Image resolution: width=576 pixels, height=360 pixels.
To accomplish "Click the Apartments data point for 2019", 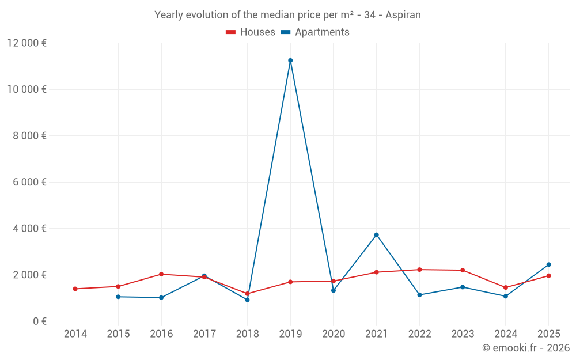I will pyautogui.click(x=290, y=60).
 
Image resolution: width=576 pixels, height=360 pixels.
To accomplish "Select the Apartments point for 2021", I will pyautogui.click(x=376, y=235).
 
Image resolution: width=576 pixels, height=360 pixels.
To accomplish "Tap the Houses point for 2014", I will pyautogui.click(x=75, y=289).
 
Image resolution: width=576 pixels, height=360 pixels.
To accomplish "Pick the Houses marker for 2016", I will pyautogui.click(x=161, y=274).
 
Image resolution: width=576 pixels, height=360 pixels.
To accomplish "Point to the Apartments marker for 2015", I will pyautogui.click(x=118, y=297).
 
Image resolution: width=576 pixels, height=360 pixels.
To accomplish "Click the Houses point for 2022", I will pyautogui.click(x=419, y=270).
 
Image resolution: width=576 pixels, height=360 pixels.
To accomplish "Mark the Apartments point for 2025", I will pyautogui.click(x=548, y=264).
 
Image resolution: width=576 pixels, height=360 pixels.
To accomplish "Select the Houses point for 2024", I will pyautogui.click(x=505, y=287).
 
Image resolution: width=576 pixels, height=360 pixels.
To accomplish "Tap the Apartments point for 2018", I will pyautogui.click(x=247, y=300).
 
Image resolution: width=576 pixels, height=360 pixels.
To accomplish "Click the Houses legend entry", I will pyautogui.click(x=251, y=32).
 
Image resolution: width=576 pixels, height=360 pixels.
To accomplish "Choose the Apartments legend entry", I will pyautogui.click(x=315, y=32).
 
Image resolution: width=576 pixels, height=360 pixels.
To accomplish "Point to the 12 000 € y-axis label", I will pyautogui.click(x=27, y=43).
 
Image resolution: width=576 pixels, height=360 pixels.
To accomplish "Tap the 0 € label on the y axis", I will pyautogui.click(x=40, y=321).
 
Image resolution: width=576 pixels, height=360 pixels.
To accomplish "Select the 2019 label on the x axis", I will pyautogui.click(x=290, y=334).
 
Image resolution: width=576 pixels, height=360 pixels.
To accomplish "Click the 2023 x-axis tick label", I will pyautogui.click(x=462, y=334).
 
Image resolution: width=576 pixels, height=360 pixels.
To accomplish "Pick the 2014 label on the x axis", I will pyautogui.click(x=75, y=334).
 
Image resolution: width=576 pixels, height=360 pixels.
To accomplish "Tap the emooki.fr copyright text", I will pyautogui.click(x=525, y=348).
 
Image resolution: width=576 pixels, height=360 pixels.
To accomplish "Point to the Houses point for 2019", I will pyautogui.click(x=290, y=282).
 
